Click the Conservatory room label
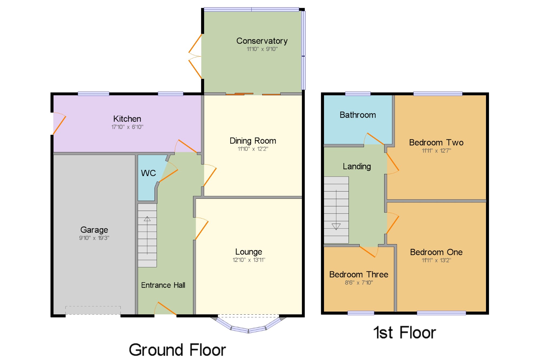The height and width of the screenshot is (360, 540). coord(262,41)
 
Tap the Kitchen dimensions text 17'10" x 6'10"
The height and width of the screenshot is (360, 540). coord(127,127)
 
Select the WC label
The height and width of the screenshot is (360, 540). coord(148,173)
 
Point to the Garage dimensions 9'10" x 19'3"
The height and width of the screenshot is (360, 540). coord(94,238)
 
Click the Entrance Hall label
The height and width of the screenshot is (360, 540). coord(163,285)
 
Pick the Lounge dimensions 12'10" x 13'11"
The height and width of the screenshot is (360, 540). coord(249,260)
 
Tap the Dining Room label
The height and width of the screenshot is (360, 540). coord(253,141)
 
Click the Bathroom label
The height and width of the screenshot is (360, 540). coord(357,115)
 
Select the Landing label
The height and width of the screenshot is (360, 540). coord(357,166)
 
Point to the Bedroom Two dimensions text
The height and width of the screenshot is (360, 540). coord(436,151)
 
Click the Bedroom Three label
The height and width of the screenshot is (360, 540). coord(359,274)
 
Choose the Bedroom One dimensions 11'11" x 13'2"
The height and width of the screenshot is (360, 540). coord(436,260)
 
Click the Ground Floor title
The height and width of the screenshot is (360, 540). coord(177,350)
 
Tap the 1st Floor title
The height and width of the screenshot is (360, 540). coord(404,332)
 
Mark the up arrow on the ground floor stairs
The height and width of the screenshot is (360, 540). coord(147,219)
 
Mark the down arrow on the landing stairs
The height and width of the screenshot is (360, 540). coord(336,226)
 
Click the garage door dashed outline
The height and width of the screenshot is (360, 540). coord(93,310)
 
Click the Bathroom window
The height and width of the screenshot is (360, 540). coord(358,94)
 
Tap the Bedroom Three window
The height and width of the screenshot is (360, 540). coord(361,313)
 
